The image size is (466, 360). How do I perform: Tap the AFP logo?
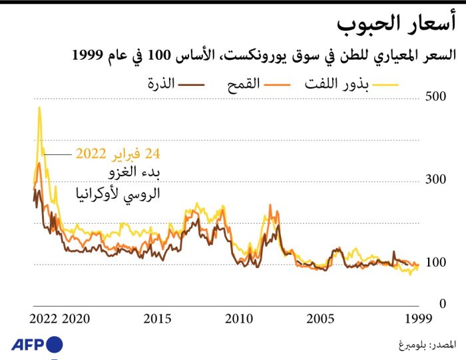click(37, 345)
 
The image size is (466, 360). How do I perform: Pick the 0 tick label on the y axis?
click(439, 304)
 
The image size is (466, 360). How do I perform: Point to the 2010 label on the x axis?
click(239, 318)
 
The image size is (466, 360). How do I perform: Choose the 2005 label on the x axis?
click(320, 318)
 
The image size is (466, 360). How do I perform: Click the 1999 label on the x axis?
click(418, 318)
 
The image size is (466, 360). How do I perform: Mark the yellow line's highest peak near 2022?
click(39, 108)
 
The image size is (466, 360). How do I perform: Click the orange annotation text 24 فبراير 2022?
click(118, 154)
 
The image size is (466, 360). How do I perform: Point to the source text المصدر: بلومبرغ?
click(422, 345)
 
